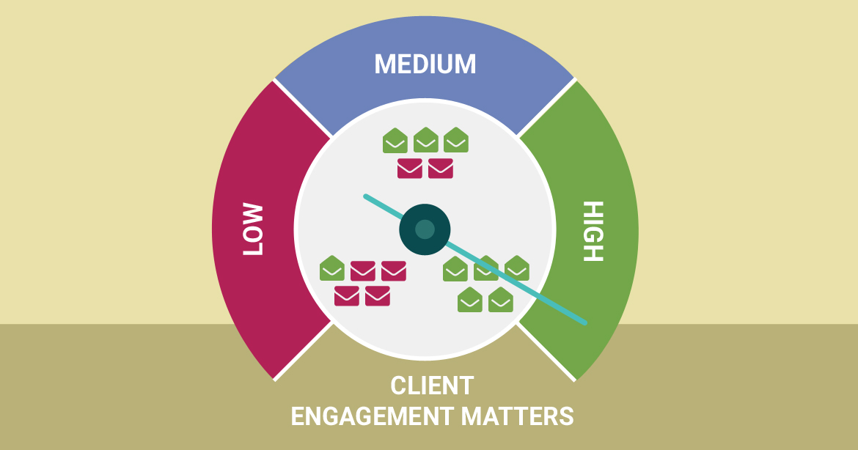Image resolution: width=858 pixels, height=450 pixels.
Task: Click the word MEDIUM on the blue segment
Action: (x=425, y=64)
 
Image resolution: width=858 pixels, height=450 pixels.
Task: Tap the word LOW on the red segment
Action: (x=252, y=229)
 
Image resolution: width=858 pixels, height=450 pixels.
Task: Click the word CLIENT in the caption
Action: (x=432, y=386)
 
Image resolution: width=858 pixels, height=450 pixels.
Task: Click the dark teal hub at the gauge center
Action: (x=425, y=229)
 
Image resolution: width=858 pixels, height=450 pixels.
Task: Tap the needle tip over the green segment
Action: (x=584, y=321)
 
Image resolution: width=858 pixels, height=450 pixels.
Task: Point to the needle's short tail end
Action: (x=366, y=196)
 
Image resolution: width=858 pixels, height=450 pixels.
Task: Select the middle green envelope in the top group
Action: (x=425, y=141)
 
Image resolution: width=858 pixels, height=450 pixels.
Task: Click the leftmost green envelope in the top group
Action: (x=395, y=141)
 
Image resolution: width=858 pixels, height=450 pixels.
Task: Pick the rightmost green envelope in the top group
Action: (x=456, y=141)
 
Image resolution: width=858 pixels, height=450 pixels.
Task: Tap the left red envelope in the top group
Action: (x=410, y=169)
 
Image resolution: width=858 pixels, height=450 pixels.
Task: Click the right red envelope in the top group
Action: (x=441, y=169)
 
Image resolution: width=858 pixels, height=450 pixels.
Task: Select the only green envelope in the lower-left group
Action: (x=332, y=268)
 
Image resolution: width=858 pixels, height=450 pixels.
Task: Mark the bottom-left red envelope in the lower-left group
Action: (x=347, y=296)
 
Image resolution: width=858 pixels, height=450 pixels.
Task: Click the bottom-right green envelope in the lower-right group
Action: (x=500, y=300)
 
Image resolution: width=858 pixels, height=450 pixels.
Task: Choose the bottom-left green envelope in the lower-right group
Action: (x=470, y=300)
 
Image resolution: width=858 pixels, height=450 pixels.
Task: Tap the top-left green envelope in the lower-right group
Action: (x=455, y=269)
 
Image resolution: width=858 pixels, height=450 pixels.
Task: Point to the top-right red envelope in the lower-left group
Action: (x=394, y=270)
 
